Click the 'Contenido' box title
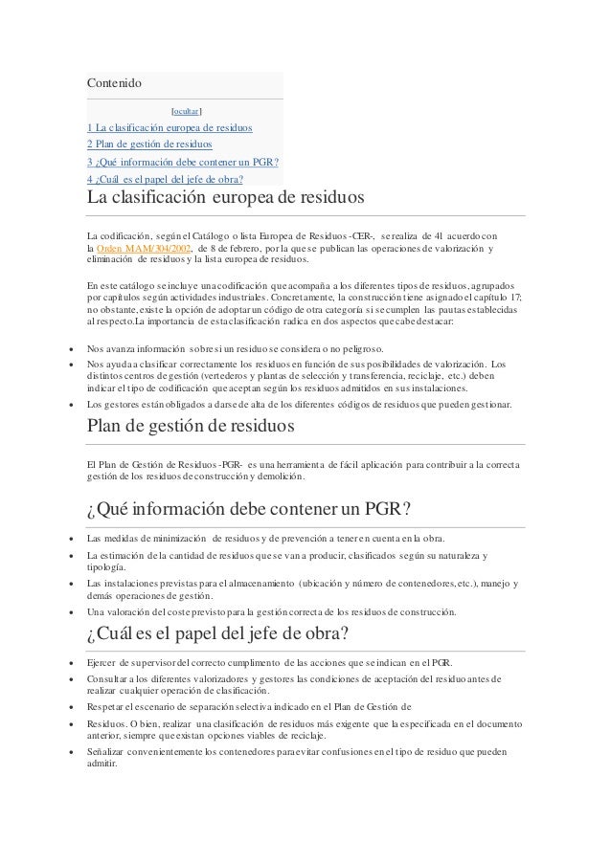tap(114, 83)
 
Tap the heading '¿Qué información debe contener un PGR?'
tap(248, 507)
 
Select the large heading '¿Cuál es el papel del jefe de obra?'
tap(216, 636)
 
